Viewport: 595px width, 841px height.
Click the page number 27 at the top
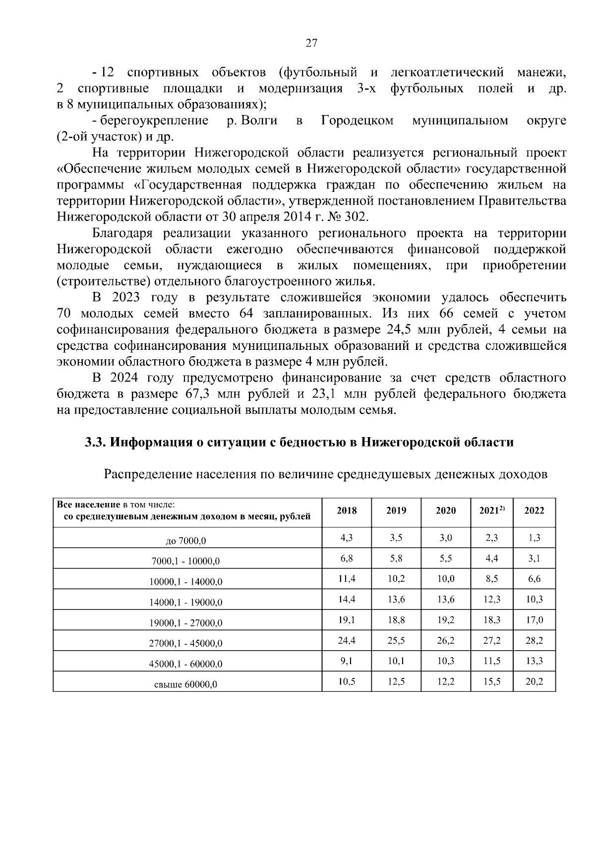311,43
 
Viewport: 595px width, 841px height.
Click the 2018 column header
347,511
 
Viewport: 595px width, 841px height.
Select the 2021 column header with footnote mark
491,510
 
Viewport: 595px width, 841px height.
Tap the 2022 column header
534,511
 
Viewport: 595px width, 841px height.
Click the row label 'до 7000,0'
186,541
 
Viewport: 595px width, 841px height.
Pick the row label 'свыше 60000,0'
186,685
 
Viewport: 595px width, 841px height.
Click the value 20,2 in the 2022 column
534,682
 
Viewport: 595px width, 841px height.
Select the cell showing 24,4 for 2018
347,641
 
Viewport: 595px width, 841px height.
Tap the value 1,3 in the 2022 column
534,538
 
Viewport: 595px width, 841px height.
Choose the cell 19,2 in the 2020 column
445,620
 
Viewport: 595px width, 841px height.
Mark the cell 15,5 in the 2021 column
491,682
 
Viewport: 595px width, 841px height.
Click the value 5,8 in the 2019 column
396,559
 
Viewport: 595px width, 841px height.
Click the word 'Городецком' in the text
357,120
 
